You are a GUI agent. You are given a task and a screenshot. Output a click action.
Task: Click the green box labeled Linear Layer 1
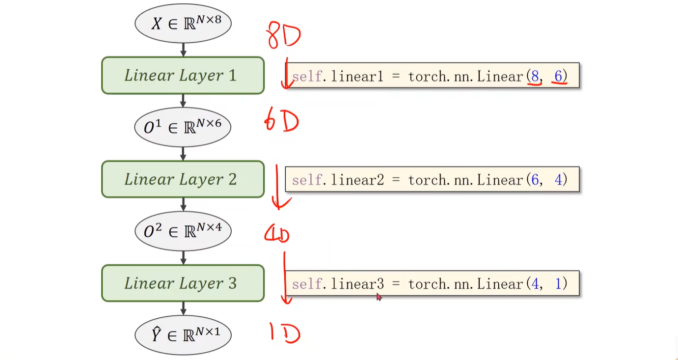coord(183,75)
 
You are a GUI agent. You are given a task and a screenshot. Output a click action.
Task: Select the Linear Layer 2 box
coord(183,179)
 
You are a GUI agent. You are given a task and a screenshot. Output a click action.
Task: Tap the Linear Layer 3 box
coord(183,283)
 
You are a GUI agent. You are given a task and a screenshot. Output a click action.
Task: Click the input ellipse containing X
coord(183,23)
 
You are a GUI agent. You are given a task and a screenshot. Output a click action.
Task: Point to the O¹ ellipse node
coord(183,127)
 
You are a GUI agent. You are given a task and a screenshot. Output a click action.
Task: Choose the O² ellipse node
coord(183,231)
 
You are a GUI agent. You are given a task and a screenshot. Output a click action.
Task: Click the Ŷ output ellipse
coord(183,335)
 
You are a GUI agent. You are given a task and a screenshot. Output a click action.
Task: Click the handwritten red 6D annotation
coord(281,122)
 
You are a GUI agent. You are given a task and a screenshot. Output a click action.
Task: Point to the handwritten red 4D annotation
coord(277,234)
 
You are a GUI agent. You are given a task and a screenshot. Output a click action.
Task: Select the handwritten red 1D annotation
coord(285,333)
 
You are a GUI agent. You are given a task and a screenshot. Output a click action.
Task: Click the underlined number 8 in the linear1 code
coord(535,76)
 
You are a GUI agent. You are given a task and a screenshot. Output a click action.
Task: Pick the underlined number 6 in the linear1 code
coord(558,76)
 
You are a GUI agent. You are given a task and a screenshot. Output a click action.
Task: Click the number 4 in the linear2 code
coord(558,180)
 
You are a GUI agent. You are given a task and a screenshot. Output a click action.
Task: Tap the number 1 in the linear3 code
coord(558,284)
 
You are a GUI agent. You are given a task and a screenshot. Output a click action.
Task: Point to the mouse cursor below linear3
coord(379,296)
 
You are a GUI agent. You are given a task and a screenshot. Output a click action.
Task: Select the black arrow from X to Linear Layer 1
coord(183,49)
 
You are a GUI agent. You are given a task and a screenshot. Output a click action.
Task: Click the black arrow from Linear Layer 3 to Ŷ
coord(183,308)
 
